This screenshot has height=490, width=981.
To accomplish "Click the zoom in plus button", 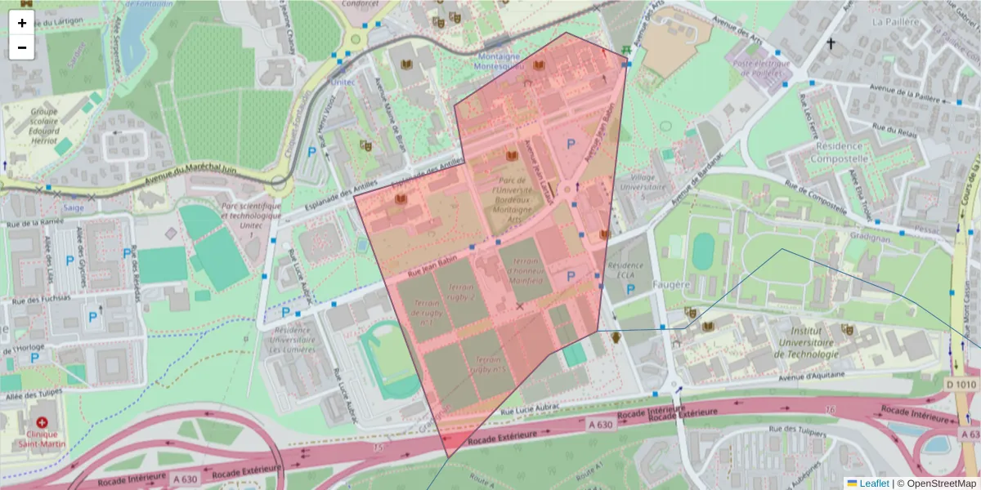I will click(x=21, y=23).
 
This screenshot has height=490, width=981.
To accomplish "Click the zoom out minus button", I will click(x=21, y=47).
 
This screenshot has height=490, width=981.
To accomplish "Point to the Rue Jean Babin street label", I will click(x=432, y=263).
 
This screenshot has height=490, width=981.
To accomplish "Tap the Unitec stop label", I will click(x=343, y=82).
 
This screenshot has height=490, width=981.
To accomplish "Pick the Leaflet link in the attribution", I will click(x=873, y=483).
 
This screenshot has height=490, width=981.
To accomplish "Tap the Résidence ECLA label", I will click(x=625, y=272).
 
